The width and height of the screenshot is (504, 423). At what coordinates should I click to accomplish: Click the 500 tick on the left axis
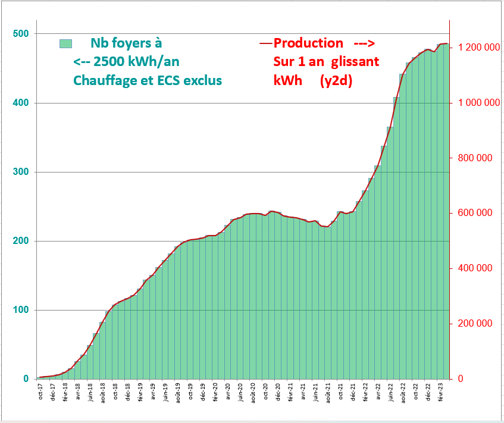[x=21, y=34]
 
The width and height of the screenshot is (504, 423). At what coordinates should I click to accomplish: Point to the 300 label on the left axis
[x=21, y=172]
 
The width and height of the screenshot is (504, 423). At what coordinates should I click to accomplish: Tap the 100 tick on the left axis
[x=21, y=310]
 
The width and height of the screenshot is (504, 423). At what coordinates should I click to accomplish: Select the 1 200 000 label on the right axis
[x=478, y=48]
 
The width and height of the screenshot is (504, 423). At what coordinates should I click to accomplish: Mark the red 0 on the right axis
[x=459, y=379]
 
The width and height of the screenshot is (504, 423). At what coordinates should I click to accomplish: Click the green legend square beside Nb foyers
[x=65, y=43]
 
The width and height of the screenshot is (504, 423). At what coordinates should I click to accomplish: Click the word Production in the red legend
[x=308, y=43]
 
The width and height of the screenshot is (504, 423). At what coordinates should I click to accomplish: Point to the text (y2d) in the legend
[x=336, y=80]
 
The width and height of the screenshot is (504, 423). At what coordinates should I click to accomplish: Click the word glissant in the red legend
[x=355, y=62]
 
